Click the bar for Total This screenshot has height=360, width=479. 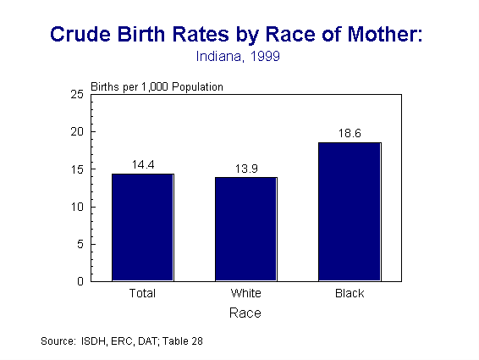(142, 227)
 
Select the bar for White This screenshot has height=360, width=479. (245, 229)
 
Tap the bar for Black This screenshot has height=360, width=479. (349, 211)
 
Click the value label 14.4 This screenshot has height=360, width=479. (142, 164)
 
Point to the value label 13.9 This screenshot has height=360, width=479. (245, 169)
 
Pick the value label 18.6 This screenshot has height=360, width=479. (349, 133)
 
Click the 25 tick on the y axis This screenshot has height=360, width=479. (77, 95)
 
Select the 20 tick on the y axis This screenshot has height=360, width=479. (77, 132)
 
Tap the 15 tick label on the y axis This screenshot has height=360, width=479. (77, 169)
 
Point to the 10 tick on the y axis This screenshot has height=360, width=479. (77, 207)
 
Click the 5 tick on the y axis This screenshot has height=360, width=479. (80, 244)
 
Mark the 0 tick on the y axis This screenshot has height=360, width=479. (80, 281)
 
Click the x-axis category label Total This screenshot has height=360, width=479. (142, 294)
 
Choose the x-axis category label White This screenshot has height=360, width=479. (245, 294)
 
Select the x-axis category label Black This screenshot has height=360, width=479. (349, 294)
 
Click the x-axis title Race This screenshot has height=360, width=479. (245, 313)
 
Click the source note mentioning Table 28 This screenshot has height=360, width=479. (123, 341)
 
